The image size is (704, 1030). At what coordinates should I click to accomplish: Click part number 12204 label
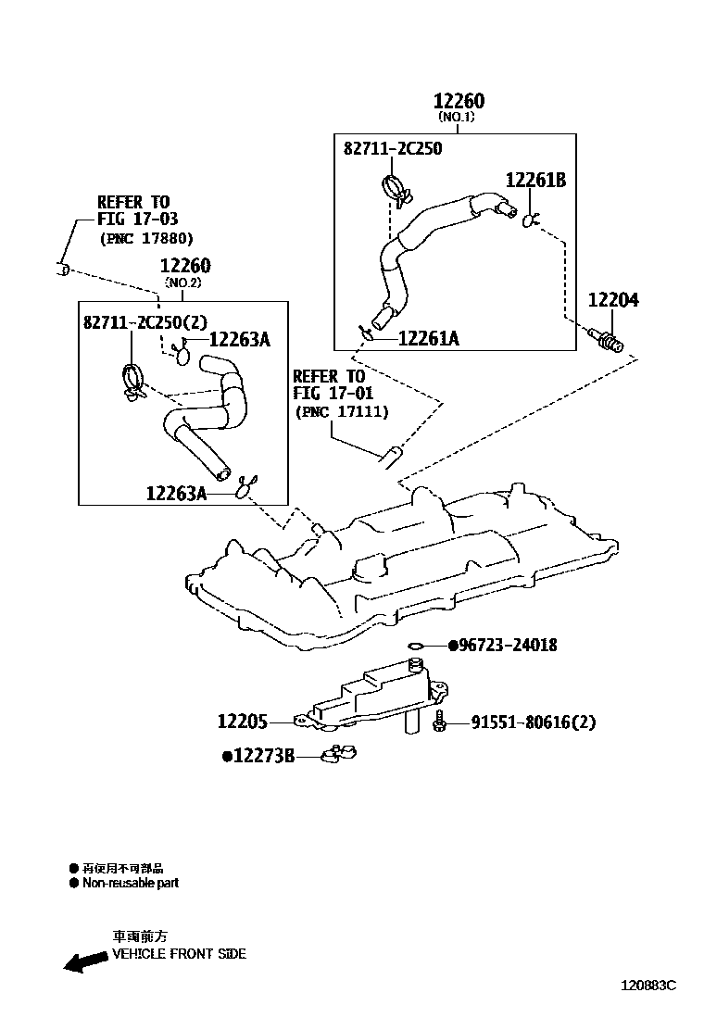click(614, 301)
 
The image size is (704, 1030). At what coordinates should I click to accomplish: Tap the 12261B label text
click(535, 180)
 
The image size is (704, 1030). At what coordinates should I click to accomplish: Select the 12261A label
click(428, 339)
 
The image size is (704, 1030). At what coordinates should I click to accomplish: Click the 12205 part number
click(243, 721)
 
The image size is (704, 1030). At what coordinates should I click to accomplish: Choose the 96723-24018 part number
click(508, 645)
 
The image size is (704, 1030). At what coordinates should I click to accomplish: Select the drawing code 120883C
click(648, 985)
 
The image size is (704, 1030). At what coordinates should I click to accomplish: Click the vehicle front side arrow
click(84, 962)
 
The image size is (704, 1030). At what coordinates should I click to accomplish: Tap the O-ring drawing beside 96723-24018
click(416, 645)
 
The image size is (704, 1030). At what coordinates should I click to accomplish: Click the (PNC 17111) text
click(341, 411)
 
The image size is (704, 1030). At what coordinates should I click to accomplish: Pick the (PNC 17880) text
click(146, 238)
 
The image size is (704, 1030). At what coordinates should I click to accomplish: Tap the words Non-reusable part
click(131, 883)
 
